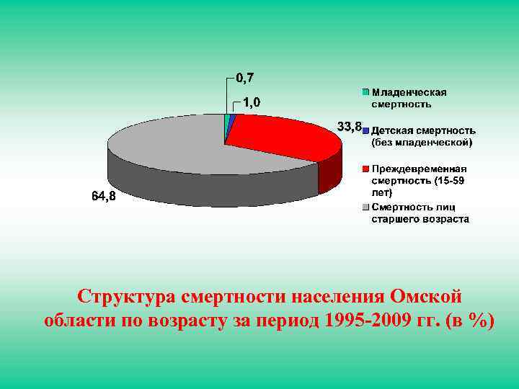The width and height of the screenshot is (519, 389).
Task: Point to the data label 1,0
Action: click(x=252, y=103)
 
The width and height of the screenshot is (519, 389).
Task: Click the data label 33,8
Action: click(x=349, y=127)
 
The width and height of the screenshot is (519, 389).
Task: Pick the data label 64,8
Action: click(x=103, y=196)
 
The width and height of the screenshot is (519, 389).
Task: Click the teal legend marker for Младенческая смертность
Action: click(x=365, y=92)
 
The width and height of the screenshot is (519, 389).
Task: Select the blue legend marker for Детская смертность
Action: click(x=365, y=130)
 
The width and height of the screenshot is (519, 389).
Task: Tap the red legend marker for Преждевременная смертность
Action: click(x=365, y=169)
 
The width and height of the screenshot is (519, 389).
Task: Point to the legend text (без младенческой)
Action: click(x=422, y=143)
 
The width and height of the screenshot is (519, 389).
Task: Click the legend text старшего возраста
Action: click(x=420, y=219)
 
